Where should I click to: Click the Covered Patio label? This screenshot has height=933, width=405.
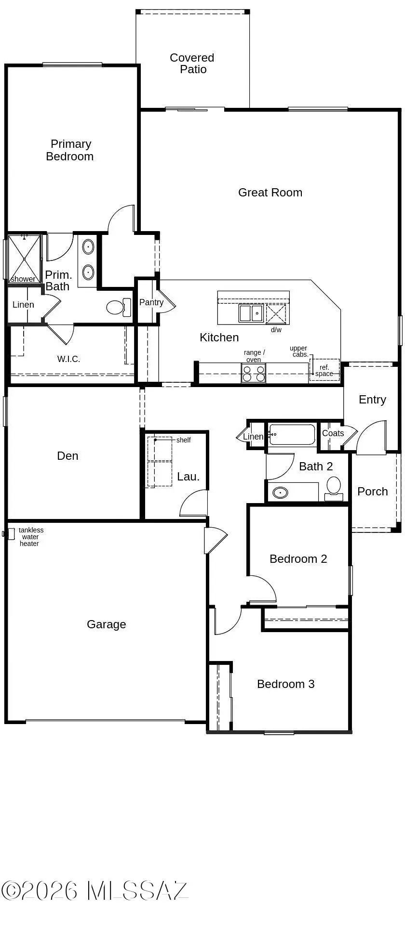tap(192, 64)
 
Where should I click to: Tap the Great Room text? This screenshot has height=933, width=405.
tap(270, 193)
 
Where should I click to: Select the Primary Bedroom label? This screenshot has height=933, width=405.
tap(70, 150)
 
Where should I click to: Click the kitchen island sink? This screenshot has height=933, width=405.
tap(251, 313)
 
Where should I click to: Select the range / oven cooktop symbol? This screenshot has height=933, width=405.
tap(254, 373)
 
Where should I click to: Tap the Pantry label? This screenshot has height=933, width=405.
tap(151, 302)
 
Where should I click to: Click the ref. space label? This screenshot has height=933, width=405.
tap(324, 371)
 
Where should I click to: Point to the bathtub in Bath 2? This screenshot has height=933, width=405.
tap(292, 435)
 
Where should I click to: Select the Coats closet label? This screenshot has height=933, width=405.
tap(333, 433)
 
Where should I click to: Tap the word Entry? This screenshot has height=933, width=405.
tap(372, 400)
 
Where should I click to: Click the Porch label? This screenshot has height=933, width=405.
tap(373, 492)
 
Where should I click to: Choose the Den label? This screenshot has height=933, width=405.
tap(67, 456)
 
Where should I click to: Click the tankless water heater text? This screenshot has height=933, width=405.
tap(30, 537)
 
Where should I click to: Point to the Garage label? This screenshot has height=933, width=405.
tap(107, 624)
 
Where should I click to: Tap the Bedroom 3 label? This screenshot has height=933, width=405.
tap(286, 684)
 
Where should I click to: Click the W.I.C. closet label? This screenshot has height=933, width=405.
tap(69, 359)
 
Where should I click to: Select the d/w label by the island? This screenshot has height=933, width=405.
tap(276, 330)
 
